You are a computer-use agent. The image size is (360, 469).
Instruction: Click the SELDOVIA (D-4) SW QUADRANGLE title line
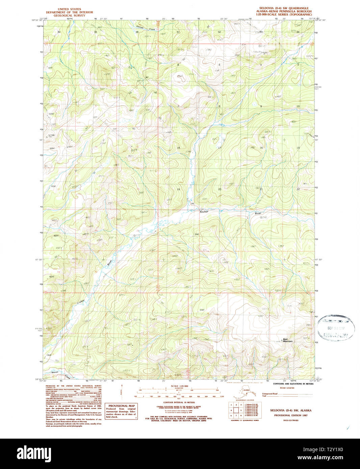coord(284,8)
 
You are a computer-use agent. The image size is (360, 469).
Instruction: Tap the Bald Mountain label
coord(287,340)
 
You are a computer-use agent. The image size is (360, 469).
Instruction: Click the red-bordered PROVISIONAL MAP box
coord(121,411)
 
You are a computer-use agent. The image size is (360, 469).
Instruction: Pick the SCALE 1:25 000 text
coord(179,386)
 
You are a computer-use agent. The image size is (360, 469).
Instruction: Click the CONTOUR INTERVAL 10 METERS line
coord(179,403)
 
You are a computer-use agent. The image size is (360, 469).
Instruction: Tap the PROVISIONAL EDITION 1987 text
coord(289,415)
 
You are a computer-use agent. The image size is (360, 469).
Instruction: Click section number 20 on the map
coord(220,189)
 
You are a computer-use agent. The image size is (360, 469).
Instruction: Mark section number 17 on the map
coord(220,148)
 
